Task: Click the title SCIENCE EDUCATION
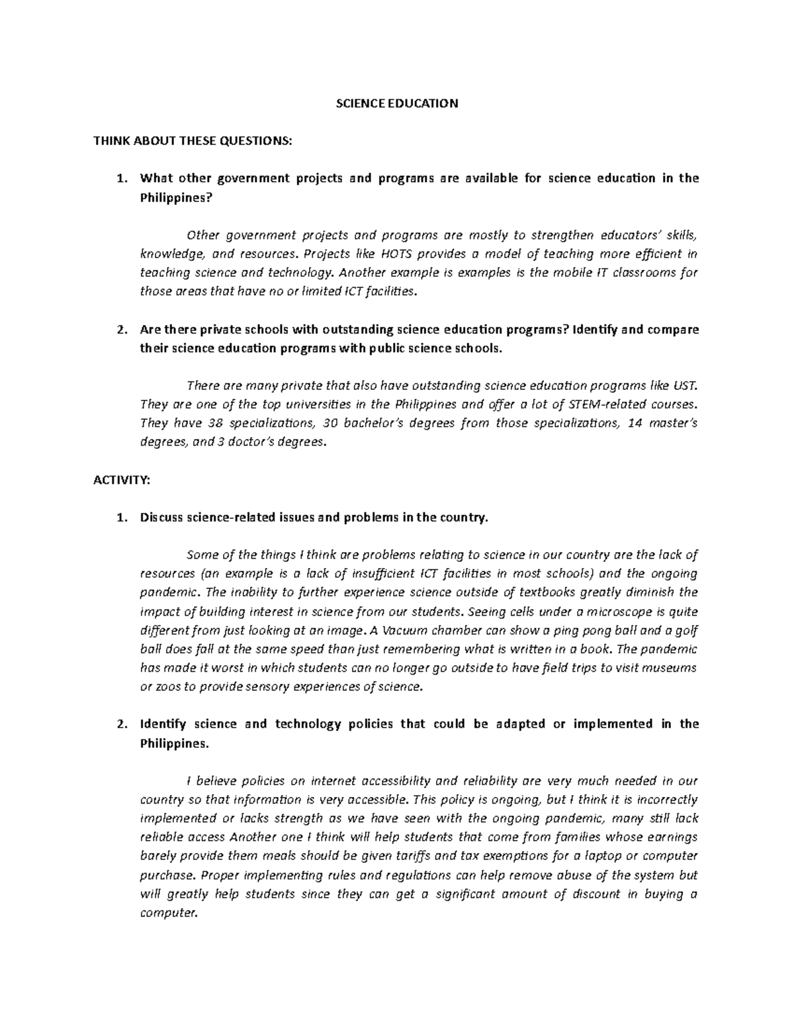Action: pos(397,104)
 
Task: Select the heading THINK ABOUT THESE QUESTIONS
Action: pos(192,141)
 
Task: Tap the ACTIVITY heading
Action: pos(122,481)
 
